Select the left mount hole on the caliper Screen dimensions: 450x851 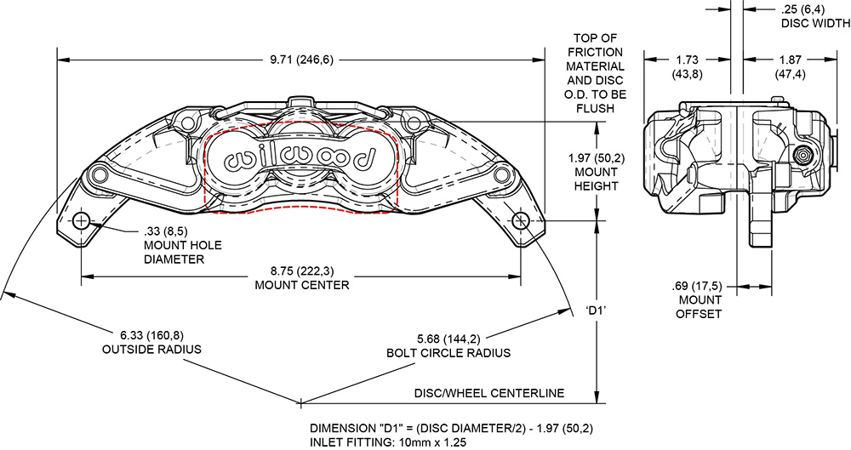coord(82,221)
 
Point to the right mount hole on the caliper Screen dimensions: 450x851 coord(520,220)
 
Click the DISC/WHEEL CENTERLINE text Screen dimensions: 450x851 coord(490,393)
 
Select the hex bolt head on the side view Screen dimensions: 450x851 coord(802,157)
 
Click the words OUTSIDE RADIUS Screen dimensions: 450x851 coord(151,350)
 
